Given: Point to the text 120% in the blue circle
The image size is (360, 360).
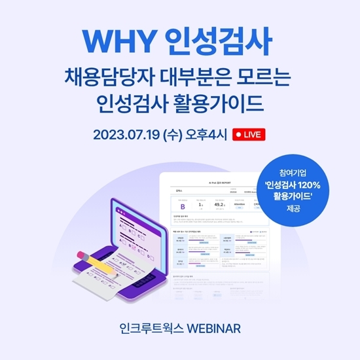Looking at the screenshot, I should click(x=315, y=185).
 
